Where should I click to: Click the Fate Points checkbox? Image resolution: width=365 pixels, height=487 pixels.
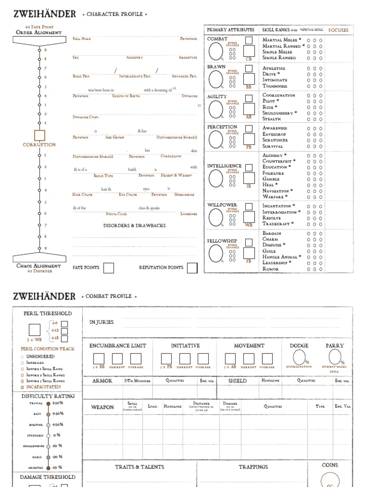(109, 268)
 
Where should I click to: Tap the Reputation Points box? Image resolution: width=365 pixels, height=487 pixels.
(192, 268)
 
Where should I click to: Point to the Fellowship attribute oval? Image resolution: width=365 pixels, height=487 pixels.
(215, 253)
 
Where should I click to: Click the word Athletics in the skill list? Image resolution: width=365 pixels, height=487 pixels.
(274, 68)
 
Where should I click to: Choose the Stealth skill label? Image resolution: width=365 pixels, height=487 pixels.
(271, 119)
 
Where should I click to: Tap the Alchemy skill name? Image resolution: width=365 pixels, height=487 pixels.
(273, 156)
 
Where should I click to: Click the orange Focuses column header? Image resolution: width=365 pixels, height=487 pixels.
(338, 30)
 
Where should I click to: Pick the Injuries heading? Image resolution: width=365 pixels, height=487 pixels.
(102, 322)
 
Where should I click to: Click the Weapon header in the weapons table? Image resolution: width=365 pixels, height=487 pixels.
(102, 407)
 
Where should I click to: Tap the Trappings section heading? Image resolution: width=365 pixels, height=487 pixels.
(253, 467)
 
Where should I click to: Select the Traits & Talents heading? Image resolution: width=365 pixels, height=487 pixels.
(140, 467)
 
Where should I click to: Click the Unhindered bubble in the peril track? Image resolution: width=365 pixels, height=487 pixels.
(22, 356)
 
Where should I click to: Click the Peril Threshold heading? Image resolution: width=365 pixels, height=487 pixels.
(48, 313)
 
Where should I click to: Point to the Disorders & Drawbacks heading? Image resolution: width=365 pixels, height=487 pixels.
(134, 225)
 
